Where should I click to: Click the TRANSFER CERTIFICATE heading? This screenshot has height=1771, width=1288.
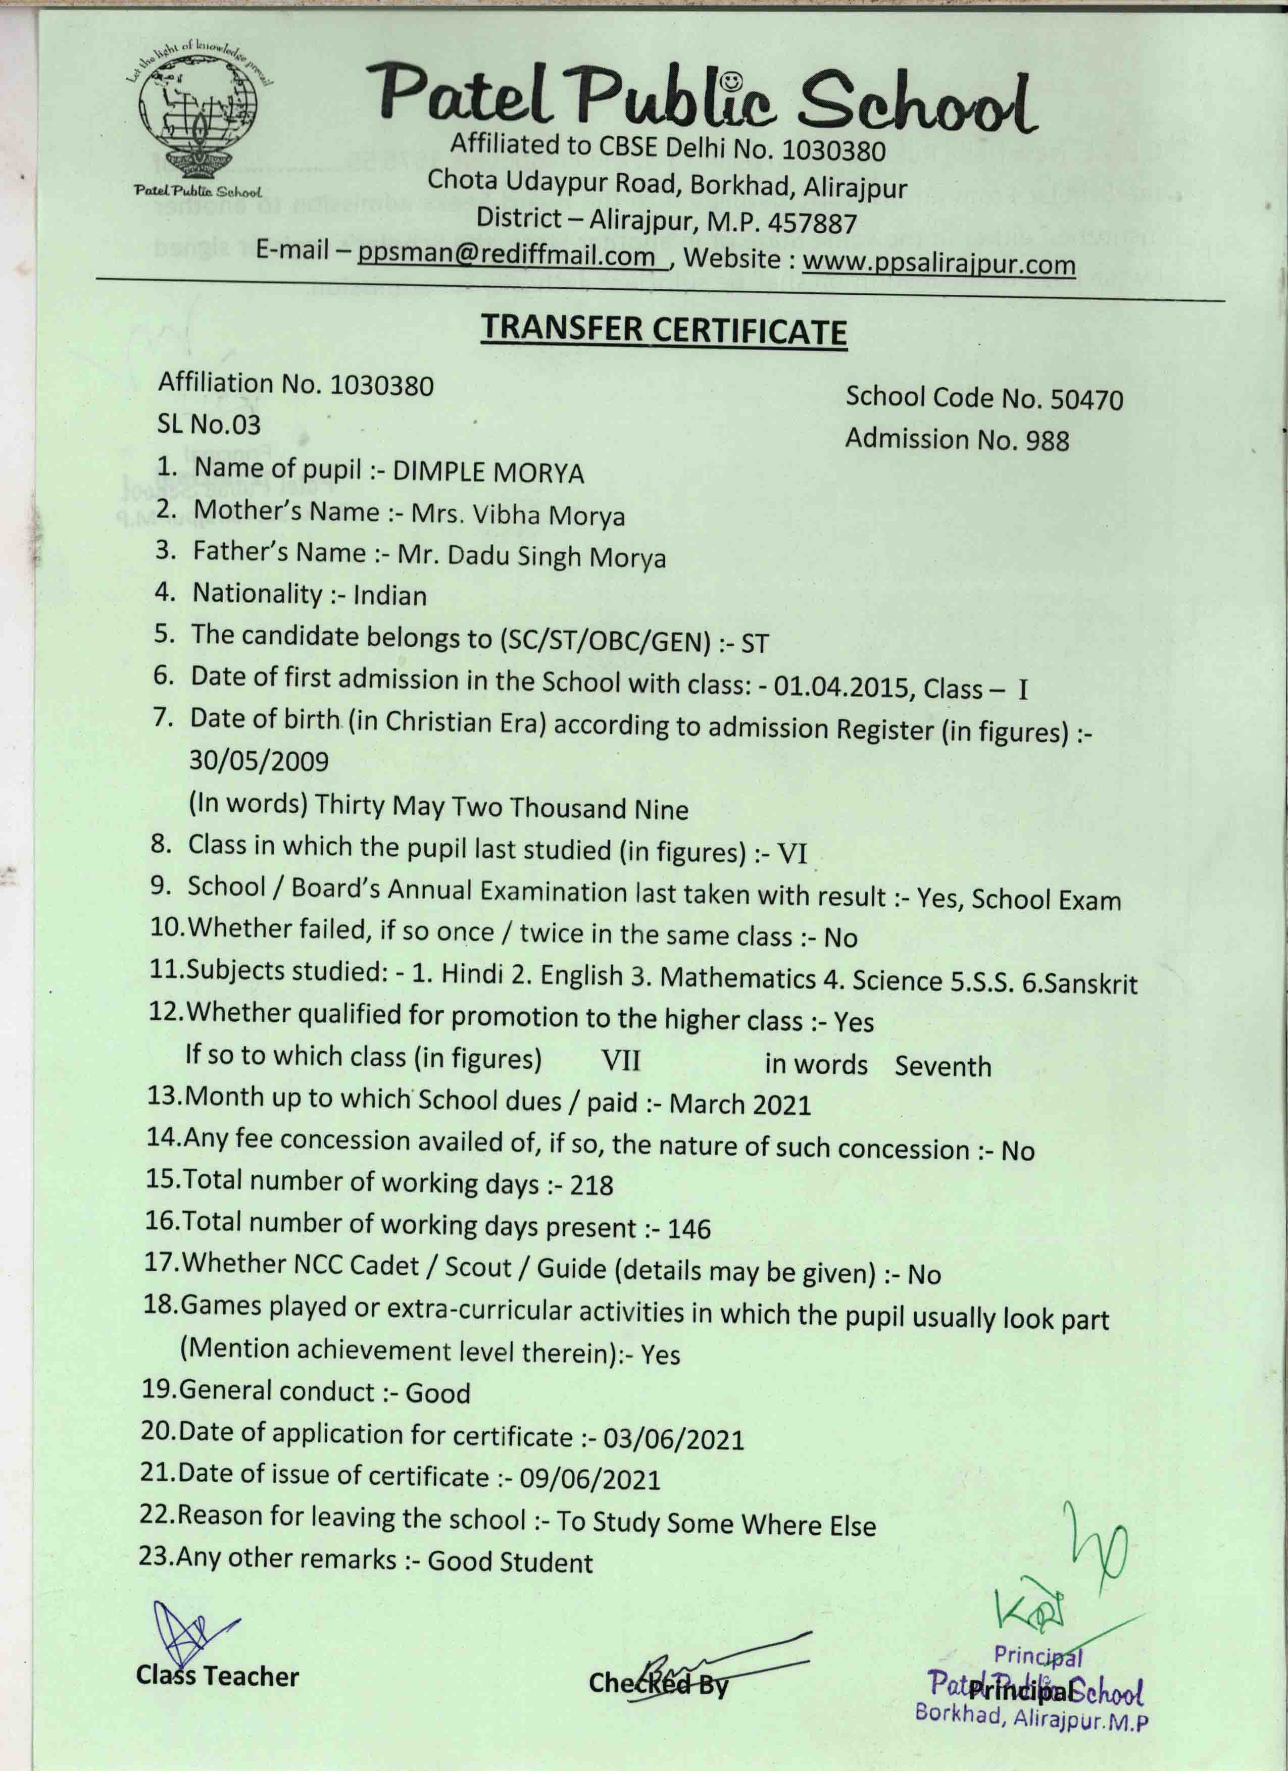663,331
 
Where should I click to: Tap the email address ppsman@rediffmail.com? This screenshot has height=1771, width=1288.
506,255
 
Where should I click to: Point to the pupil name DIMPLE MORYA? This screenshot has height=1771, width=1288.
488,473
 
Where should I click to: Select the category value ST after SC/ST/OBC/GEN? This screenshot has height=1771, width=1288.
755,644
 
